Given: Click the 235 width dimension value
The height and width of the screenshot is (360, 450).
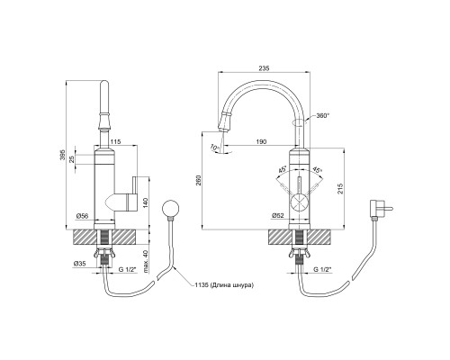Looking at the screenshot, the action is (x=264, y=68).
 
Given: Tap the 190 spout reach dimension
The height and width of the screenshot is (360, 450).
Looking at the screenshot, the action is (x=262, y=142).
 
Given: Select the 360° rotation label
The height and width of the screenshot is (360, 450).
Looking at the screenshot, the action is (x=323, y=116).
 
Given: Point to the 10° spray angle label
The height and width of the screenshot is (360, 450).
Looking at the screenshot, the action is (x=214, y=148).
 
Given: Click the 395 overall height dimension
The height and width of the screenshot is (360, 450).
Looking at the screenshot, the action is (x=62, y=155).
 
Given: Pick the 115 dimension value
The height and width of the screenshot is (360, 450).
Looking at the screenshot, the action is (x=115, y=142).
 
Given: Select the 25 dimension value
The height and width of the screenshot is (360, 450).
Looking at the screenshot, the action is (x=72, y=159).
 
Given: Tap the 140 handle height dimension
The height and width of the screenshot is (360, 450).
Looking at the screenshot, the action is (x=147, y=203).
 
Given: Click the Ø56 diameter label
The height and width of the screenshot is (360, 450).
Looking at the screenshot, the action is (x=82, y=216).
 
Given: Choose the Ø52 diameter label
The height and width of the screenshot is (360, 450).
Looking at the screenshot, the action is (x=278, y=216).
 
